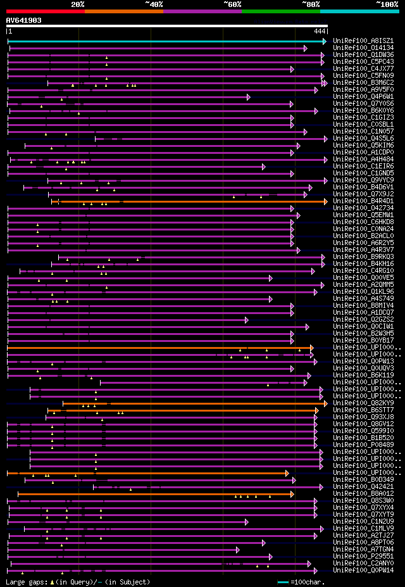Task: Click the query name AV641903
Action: [x=24, y=20]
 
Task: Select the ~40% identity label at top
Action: [x=154, y=4]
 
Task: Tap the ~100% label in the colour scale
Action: [x=386, y=4]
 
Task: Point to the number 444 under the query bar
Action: [x=319, y=31]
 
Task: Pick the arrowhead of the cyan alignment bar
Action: [x=325, y=41]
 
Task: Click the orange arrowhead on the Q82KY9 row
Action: [x=325, y=403]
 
